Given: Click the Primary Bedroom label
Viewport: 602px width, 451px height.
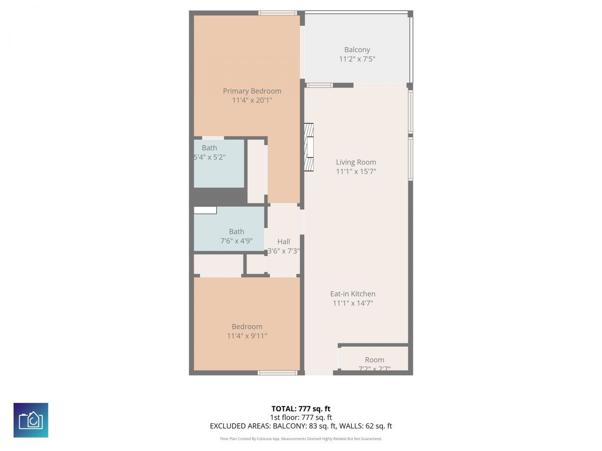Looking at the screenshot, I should (x=252, y=91).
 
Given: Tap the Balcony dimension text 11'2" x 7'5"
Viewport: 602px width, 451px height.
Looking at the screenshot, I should (x=357, y=59).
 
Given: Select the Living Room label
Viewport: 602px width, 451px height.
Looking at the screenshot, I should (x=356, y=162).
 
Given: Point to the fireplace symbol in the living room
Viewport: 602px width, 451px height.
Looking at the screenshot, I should (x=309, y=147).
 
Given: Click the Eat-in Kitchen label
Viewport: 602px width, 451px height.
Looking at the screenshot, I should (x=353, y=294).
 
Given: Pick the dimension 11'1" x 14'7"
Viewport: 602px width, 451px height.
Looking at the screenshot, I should (x=353, y=303).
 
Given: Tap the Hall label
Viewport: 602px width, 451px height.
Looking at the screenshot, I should (x=284, y=241).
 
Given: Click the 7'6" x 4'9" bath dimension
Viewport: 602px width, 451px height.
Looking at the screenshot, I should (x=237, y=241).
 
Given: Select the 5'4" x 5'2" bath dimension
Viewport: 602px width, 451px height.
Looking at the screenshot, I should (x=210, y=157).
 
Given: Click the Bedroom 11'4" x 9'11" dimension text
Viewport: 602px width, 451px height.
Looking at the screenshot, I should (x=247, y=336).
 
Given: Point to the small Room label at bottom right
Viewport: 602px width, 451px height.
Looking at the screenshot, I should (x=374, y=360).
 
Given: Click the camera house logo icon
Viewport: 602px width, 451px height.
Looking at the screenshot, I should (x=31, y=420).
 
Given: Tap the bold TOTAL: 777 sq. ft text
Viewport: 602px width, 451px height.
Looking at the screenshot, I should (x=301, y=409).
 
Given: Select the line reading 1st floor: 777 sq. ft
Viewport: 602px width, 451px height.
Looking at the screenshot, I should (x=301, y=417).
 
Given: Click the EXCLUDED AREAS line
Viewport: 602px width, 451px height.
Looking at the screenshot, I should (x=301, y=426).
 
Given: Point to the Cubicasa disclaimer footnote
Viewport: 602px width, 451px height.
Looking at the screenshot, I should (x=301, y=439).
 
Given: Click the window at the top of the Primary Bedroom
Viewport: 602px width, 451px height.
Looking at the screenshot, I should (x=277, y=13).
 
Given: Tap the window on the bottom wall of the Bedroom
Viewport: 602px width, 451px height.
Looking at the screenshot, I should (x=277, y=373).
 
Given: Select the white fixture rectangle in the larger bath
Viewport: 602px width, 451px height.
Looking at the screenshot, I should (x=205, y=210).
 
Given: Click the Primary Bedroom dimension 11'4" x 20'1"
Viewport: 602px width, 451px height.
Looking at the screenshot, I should (x=252, y=101).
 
